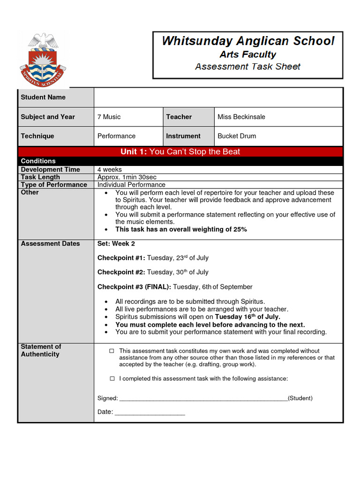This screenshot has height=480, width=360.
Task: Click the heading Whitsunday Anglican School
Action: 248,41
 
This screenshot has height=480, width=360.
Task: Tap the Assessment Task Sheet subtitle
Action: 248,67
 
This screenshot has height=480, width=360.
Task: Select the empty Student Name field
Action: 218,97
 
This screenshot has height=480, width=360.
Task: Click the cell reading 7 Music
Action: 109,117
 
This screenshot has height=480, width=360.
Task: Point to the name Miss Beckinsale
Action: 241,117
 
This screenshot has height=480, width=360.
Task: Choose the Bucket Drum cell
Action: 237,136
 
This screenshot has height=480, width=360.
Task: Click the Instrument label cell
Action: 183,136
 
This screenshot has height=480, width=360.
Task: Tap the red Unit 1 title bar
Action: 180,151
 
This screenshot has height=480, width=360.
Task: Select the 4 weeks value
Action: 109,169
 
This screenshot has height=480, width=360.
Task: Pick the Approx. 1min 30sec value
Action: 127,177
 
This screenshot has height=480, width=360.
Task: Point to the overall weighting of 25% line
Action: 181,229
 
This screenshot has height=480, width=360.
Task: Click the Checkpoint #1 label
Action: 121,258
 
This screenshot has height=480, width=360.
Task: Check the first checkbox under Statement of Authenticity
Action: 112,351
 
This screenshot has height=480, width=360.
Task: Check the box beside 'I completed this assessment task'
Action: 112,379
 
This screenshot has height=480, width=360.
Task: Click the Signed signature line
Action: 203,399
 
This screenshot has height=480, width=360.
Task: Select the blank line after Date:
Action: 150,412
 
